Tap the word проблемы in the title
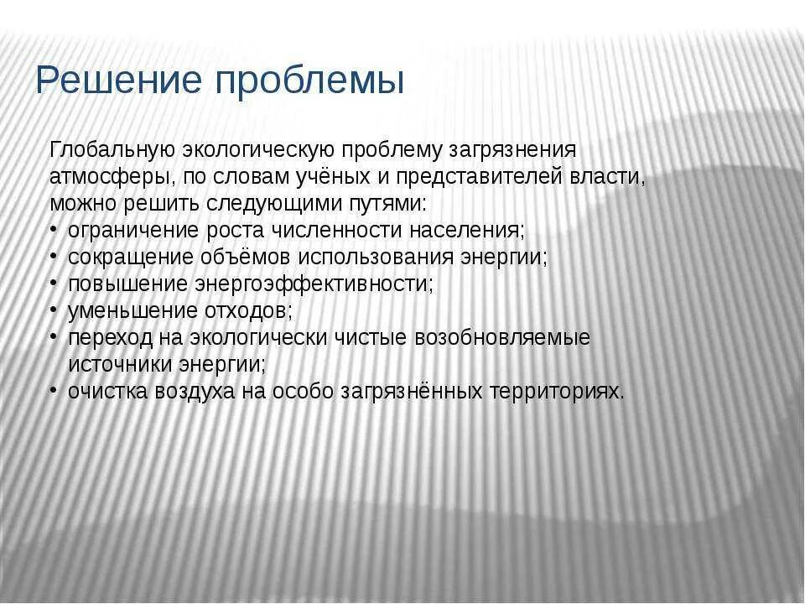click(x=309, y=82)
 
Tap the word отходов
click(x=249, y=310)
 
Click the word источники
click(x=120, y=364)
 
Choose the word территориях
click(x=558, y=391)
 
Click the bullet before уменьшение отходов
click(x=53, y=310)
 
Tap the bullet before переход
click(x=53, y=337)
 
